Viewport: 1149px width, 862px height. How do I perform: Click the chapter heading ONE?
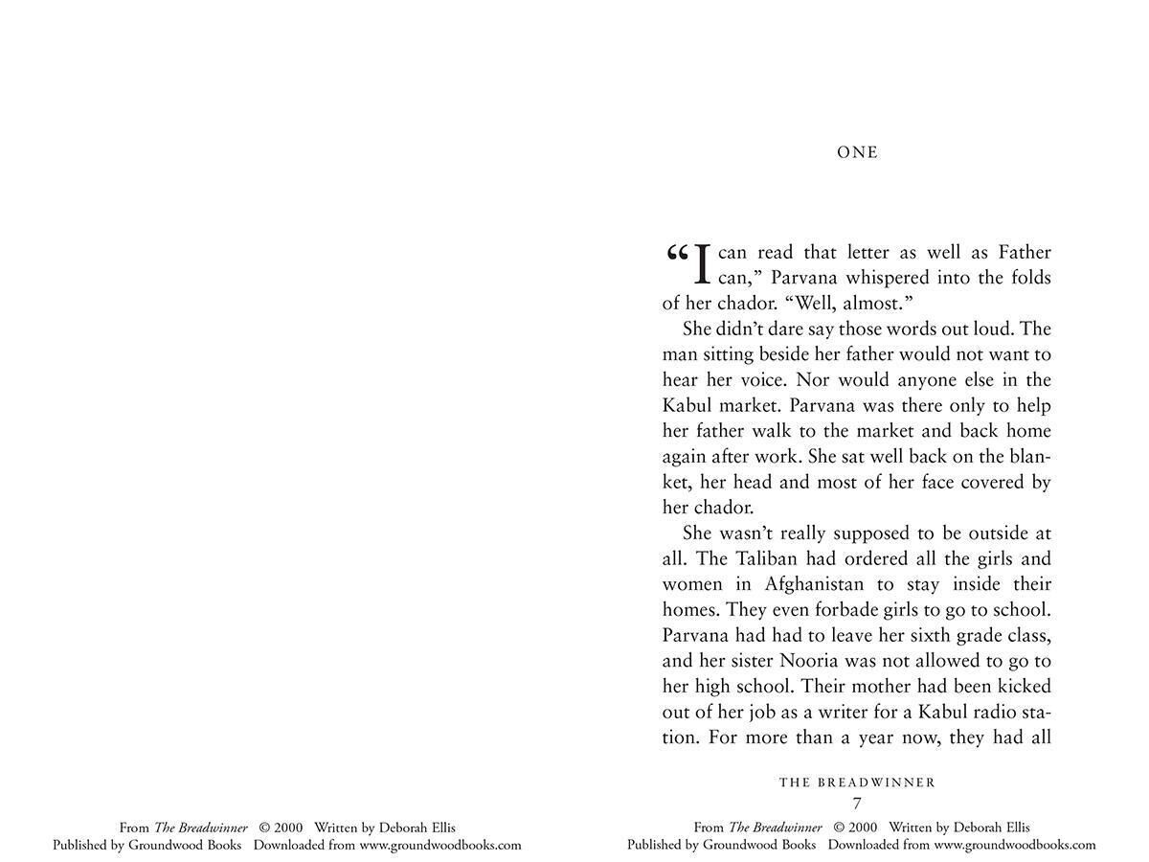pos(857,152)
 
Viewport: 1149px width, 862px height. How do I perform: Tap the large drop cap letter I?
pos(702,265)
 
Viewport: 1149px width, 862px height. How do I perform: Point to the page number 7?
pos(857,804)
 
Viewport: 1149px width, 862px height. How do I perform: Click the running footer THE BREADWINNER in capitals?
pos(857,783)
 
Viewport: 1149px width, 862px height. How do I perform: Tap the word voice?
pos(761,380)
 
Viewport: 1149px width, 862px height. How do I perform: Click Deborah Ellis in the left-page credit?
pos(417,828)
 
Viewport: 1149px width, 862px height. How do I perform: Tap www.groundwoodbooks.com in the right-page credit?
pos(1015,845)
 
